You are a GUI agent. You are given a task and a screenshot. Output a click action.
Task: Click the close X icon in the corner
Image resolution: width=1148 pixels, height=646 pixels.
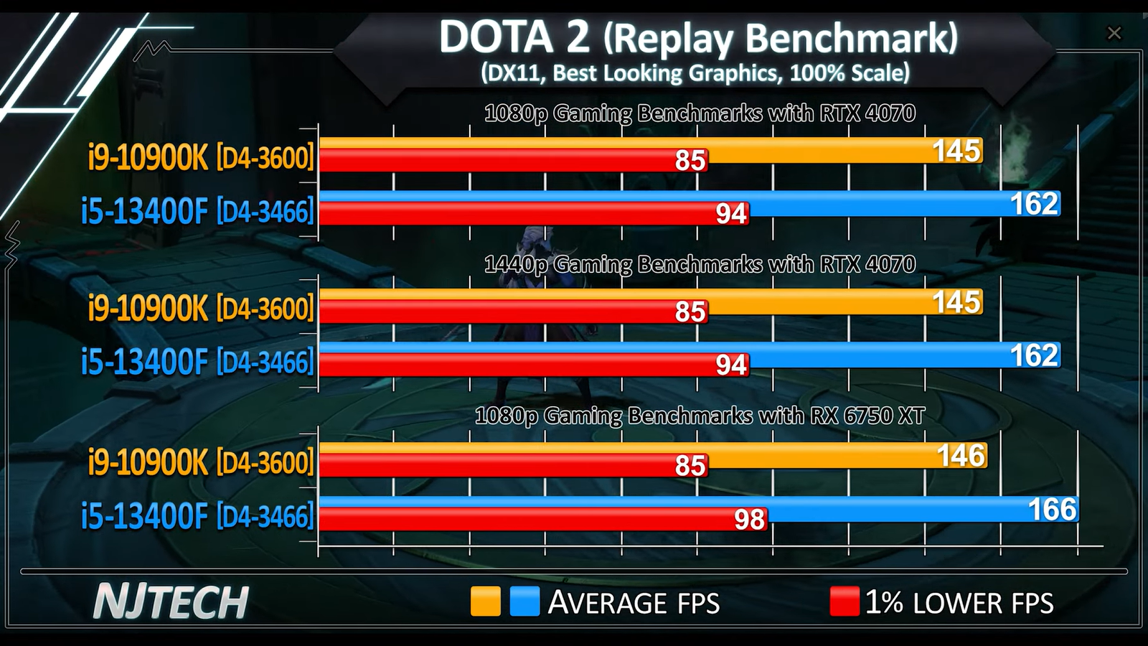(x=1114, y=33)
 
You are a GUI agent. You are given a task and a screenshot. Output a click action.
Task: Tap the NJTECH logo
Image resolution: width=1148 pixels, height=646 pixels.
(x=171, y=601)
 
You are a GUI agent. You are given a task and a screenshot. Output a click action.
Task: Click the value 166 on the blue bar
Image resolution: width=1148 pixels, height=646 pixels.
(x=1052, y=510)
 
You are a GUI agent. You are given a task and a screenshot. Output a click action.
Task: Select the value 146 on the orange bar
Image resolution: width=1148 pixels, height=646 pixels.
(x=961, y=456)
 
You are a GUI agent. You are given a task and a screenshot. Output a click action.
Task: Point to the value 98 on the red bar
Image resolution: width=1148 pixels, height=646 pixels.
(x=750, y=520)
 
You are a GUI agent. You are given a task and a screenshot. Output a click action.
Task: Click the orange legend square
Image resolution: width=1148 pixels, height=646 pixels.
(x=485, y=601)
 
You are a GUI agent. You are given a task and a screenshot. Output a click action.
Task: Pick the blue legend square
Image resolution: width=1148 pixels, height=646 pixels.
(x=524, y=601)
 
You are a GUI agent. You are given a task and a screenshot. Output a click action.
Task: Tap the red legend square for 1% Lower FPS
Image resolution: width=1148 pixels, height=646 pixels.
(x=844, y=601)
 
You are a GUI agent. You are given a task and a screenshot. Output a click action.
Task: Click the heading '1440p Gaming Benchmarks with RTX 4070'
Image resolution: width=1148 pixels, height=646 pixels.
(x=700, y=264)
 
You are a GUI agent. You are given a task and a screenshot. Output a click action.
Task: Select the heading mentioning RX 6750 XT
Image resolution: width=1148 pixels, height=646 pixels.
(x=700, y=416)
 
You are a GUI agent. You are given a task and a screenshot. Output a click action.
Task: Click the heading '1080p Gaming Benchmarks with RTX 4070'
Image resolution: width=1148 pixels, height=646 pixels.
(x=700, y=113)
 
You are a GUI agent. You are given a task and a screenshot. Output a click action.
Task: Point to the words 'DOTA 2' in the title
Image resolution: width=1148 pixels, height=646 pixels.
(x=514, y=37)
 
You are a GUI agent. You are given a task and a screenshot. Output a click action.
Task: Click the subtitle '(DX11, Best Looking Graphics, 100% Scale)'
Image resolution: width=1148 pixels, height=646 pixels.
(x=695, y=72)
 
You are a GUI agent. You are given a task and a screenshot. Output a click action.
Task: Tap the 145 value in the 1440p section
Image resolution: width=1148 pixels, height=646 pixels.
(x=956, y=302)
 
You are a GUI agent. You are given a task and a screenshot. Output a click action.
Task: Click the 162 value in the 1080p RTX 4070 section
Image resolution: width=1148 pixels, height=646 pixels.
(x=1034, y=204)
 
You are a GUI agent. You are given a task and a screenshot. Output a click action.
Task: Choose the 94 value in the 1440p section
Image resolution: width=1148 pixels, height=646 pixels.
(x=731, y=365)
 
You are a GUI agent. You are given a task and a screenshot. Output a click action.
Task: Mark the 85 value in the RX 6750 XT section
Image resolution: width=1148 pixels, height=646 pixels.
(x=690, y=467)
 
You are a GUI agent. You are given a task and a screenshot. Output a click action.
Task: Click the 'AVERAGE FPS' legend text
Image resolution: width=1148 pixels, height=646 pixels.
(x=634, y=603)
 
